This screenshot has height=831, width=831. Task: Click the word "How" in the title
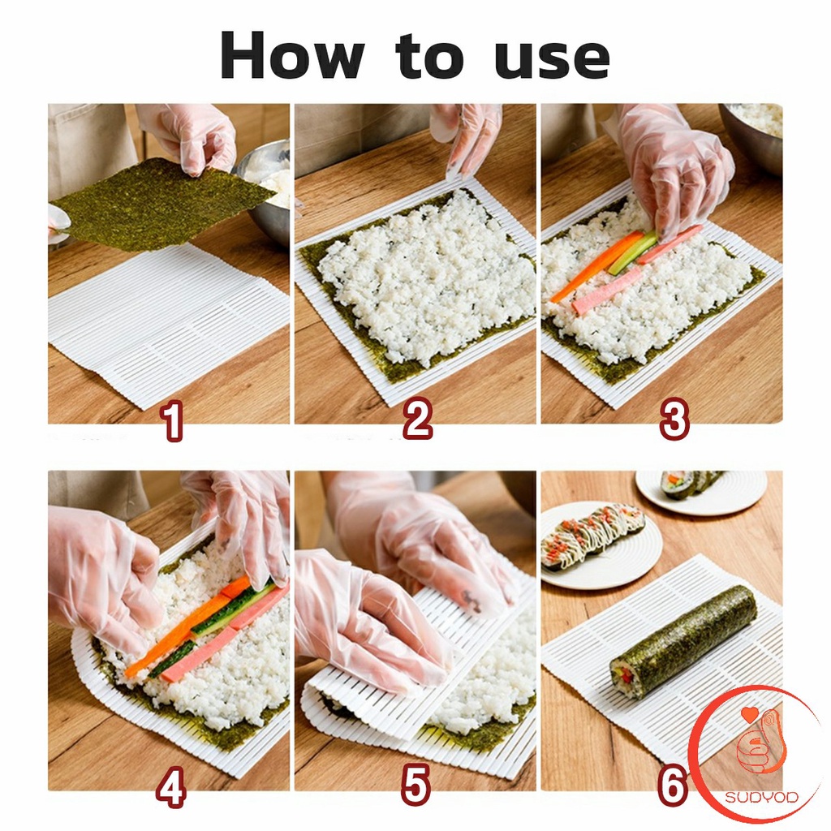click(x=292, y=56)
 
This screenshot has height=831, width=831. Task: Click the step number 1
click(x=172, y=420)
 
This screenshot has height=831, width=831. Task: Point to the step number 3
click(x=674, y=420)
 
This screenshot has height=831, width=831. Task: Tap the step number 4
click(x=171, y=786)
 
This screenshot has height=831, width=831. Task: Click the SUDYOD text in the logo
click(x=761, y=797)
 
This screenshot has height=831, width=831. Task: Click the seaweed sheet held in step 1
click(x=159, y=204)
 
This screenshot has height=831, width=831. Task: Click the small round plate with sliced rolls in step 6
click(x=701, y=492)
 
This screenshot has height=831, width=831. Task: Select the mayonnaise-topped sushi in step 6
click(x=592, y=535)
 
